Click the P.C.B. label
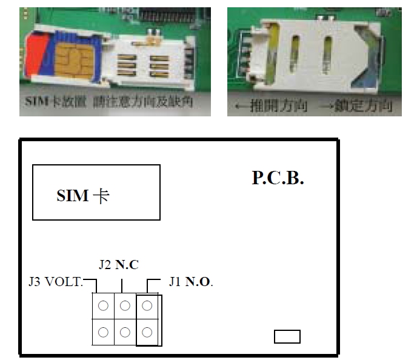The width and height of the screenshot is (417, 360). point(278,178)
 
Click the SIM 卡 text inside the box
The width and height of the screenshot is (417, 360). point(83,196)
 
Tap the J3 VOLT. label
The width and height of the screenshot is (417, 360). point(55,282)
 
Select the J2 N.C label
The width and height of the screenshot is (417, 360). point(118,265)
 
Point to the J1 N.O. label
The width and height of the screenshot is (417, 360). point(192,282)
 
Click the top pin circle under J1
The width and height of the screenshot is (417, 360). point(147,306)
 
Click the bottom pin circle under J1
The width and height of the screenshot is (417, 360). point(147,332)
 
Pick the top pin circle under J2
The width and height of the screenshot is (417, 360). point(125,306)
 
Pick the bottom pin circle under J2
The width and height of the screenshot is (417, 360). point(125,332)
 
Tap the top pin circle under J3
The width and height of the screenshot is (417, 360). point(103,306)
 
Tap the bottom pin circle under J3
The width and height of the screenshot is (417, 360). point(103,332)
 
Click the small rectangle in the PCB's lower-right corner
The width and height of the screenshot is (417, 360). point(287,336)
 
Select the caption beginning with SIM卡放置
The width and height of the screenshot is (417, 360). point(110,101)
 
